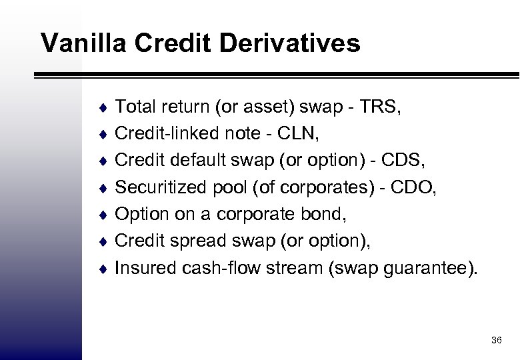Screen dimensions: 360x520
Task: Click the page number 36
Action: (495, 341)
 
